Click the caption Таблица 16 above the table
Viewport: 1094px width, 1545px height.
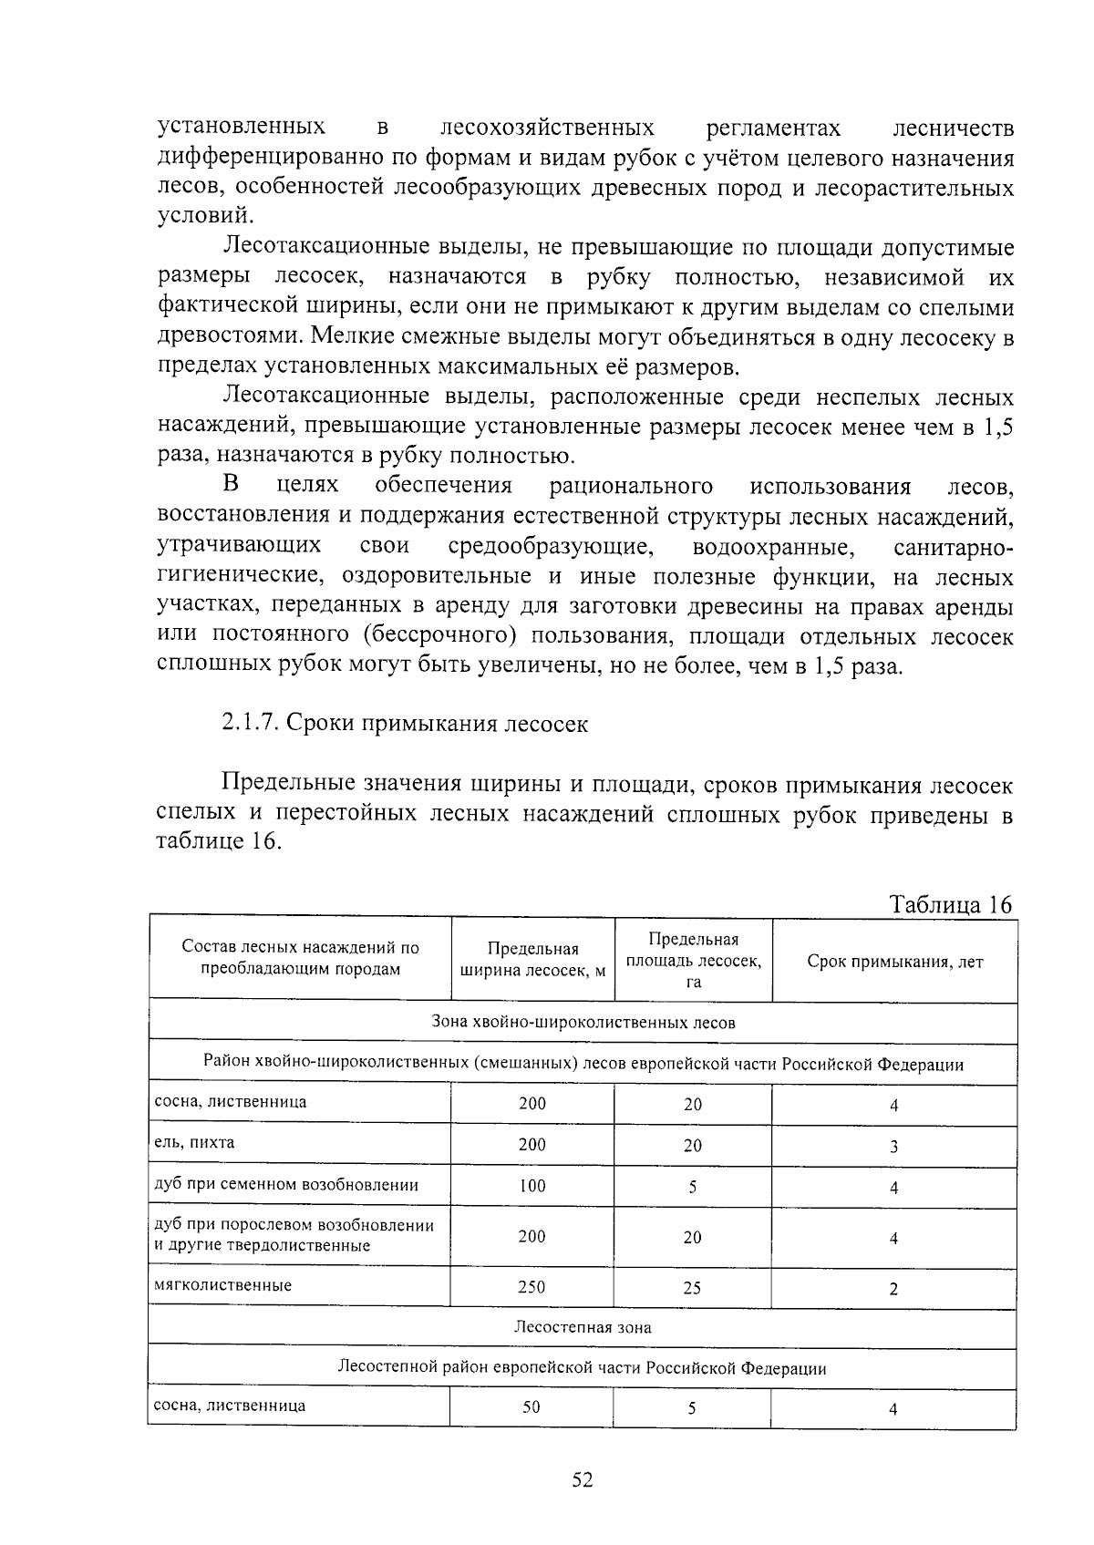tap(950, 904)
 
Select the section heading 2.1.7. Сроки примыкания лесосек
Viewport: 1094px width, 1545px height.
tap(405, 724)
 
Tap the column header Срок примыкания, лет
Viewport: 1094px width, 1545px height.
tap(894, 962)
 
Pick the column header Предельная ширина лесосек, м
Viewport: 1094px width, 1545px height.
tap(532, 960)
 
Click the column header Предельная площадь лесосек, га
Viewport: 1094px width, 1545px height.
tap(693, 960)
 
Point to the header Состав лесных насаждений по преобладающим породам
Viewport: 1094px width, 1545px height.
tap(300, 958)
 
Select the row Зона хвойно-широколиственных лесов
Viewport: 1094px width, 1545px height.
tap(583, 1023)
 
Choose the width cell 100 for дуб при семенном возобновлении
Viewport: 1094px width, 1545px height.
tap(532, 1186)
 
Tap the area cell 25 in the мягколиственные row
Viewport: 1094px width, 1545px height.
tap(693, 1287)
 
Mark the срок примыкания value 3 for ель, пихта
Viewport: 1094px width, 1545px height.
tap(893, 1147)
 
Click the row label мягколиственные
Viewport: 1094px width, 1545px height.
tap(223, 1285)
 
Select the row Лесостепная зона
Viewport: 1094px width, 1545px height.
tap(583, 1327)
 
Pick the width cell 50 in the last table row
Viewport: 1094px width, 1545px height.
tap(532, 1406)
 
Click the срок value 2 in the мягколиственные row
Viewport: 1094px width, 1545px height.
tap(893, 1289)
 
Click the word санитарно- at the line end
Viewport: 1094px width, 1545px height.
tap(953, 548)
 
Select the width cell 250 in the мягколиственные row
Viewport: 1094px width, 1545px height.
tap(532, 1287)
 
